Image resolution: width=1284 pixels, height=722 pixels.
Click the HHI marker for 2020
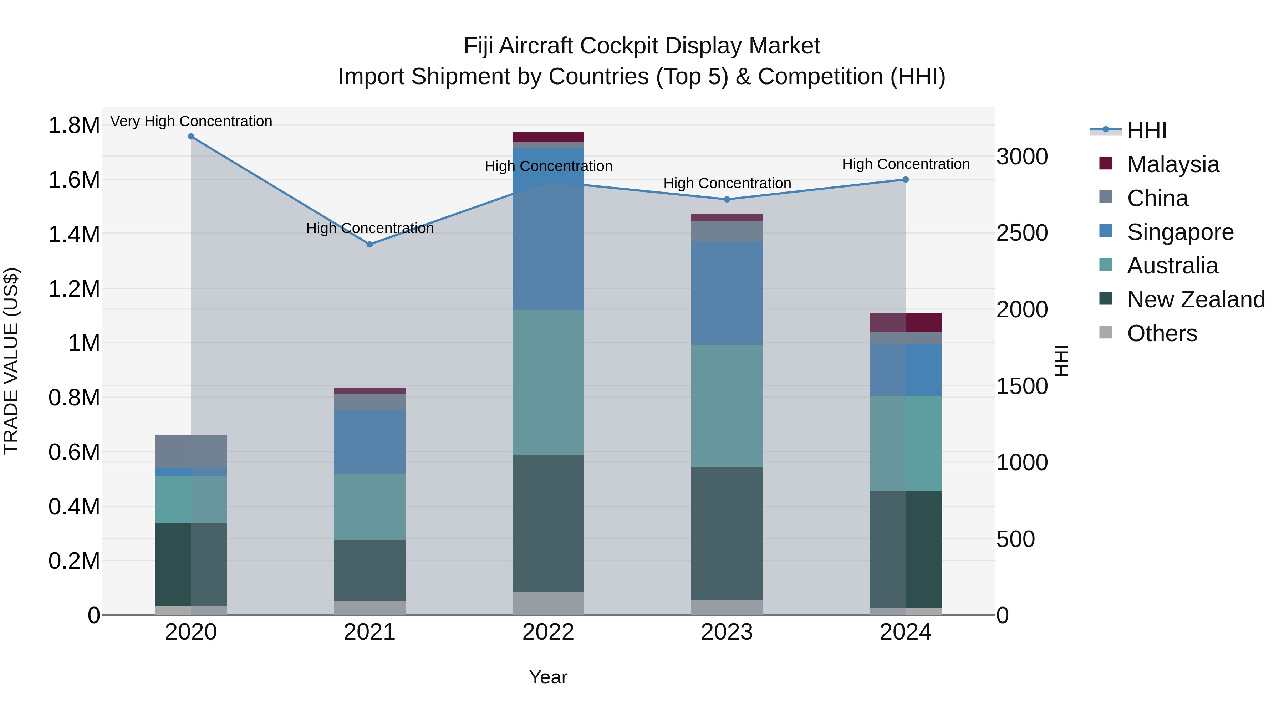(x=191, y=137)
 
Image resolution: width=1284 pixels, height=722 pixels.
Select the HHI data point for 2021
(x=370, y=245)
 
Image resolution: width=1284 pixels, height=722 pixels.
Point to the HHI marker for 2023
(x=727, y=199)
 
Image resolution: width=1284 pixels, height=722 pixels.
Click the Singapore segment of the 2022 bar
(x=548, y=229)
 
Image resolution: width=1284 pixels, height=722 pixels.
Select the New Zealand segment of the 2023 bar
(x=727, y=533)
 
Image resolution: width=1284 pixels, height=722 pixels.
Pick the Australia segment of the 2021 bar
(x=370, y=506)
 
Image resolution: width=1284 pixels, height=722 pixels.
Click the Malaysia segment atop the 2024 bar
(x=906, y=322)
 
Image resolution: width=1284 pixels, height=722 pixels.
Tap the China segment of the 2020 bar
(x=191, y=451)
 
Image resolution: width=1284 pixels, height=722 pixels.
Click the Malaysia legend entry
(x=1173, y=164)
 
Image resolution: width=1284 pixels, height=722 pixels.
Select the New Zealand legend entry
(x=1195, y=299)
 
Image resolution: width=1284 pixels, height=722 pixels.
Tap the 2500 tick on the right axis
(x=1022, y=233)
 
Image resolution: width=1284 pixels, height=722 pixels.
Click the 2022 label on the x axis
(x=548, y=632)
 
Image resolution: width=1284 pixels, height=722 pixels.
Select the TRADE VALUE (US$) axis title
(x=11, y=361)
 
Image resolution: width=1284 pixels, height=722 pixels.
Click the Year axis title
(x=548, y=677)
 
